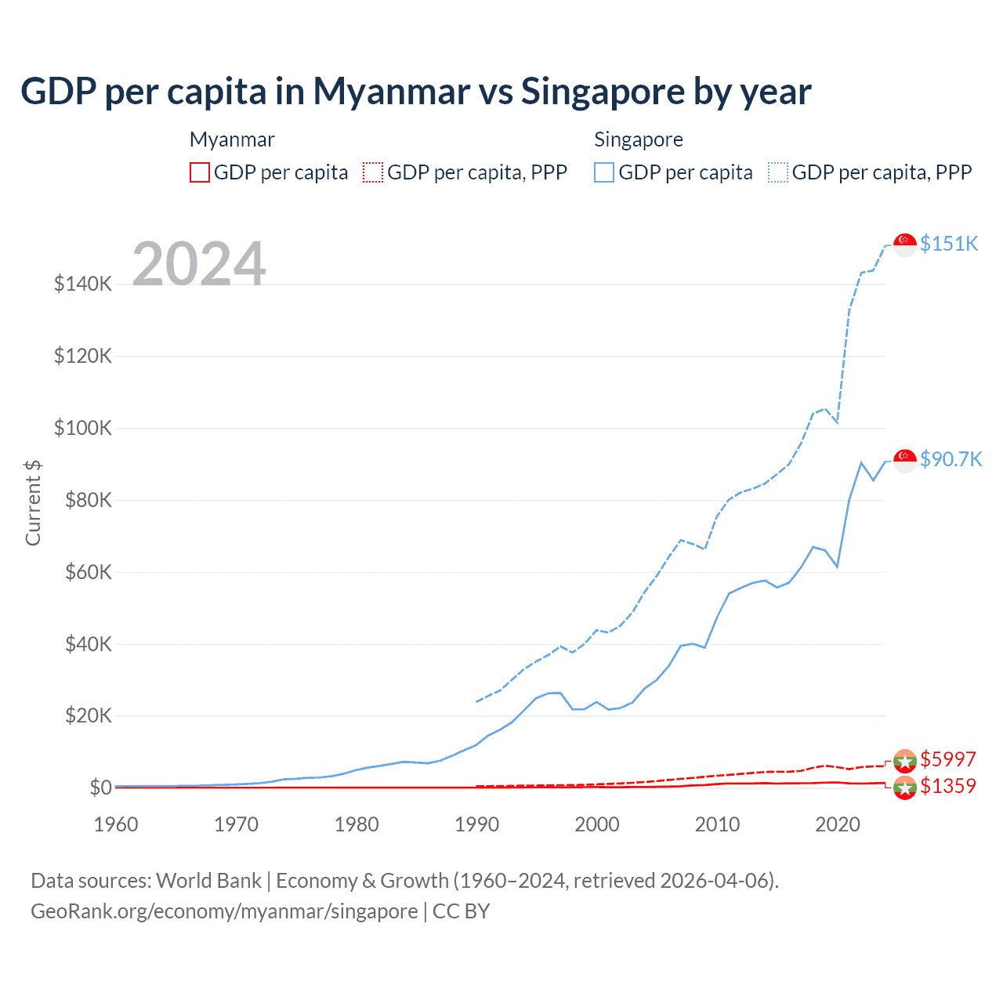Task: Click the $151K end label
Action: [x=949, y=244]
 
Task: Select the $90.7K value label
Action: [x=950, y=458]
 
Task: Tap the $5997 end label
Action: [x=948, y=759]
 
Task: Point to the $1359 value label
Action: [x=948, y=786]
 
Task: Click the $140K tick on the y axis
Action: [x=83, y=284]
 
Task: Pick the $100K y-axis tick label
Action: [x=83, y=428]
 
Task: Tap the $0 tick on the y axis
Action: [x=100, y=788]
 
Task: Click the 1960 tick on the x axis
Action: [x=116, y=824]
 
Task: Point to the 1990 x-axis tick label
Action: [x=476, y=824]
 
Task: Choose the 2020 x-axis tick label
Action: [x=838, y=824]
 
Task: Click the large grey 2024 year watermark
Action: [x=199, y=264]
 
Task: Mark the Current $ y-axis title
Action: [x=33, y=503]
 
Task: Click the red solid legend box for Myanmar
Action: [x=200, y=172]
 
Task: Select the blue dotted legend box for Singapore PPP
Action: [x=778, y=172]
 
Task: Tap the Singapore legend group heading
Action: [x=639, y=139]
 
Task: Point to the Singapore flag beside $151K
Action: [x=905, y=244]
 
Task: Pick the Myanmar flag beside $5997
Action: [x=905, y=760]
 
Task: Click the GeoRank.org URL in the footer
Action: [x=224, y=911]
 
